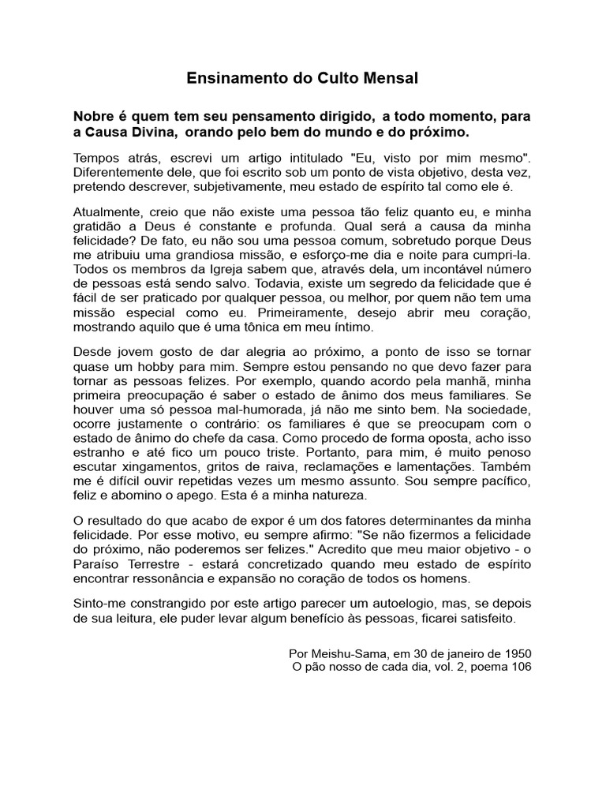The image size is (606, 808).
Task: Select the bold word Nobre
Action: (93, 116)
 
